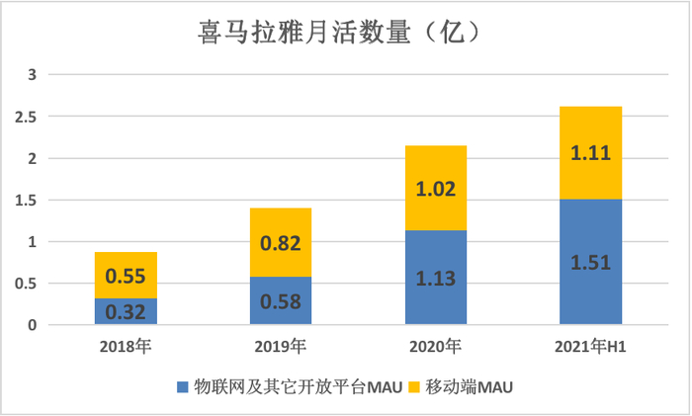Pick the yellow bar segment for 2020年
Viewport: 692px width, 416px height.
click(435, 188)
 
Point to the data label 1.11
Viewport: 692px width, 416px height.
click(590, 153)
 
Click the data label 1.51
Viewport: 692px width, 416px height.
click(590, 262)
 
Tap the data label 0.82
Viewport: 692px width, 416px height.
click(280, 242)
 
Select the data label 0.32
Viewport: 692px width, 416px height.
click(127, 312)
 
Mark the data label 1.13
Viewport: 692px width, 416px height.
click(435, 278)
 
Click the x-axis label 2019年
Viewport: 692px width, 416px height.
click(280, 347)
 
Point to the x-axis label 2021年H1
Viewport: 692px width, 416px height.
click(590, 347)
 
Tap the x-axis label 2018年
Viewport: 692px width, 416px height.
click(126, 347)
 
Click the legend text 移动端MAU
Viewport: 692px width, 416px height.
click(470, 387)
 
